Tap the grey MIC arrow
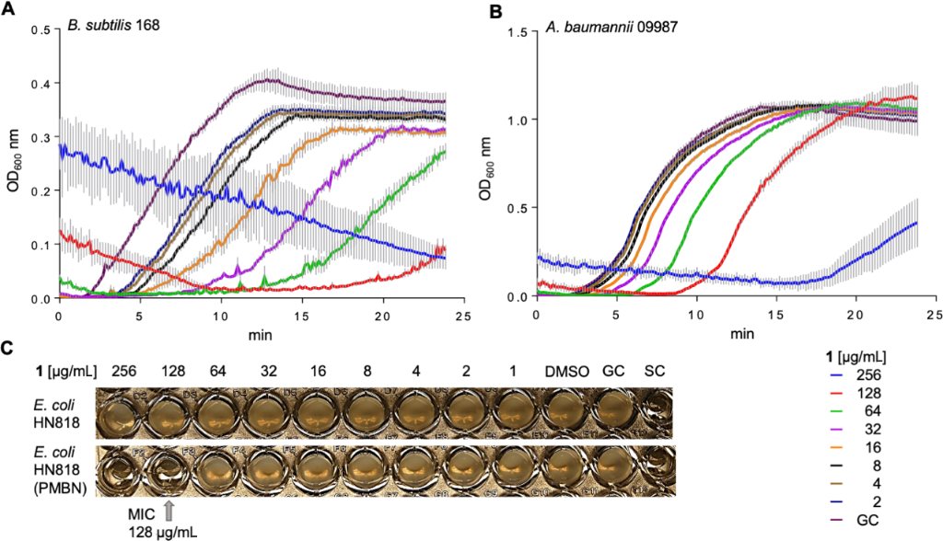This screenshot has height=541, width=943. tap(169, 508)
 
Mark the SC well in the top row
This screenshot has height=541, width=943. tap(655, 410)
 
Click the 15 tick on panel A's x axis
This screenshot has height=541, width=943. tap(301, 316)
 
